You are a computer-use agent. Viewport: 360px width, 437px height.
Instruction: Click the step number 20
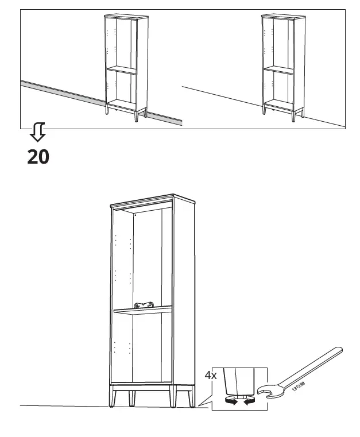[x=38, y=156]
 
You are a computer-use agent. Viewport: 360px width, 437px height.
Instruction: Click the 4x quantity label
[x=211, y=376]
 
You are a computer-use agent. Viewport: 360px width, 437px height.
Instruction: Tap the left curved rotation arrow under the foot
[x=230, y=402]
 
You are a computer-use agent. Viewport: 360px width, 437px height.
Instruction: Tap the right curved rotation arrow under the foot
[x=248, y=402]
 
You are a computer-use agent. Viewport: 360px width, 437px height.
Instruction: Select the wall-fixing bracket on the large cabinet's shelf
[x=145, y=304]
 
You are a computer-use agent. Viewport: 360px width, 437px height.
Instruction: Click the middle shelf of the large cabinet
[x=144, y=311]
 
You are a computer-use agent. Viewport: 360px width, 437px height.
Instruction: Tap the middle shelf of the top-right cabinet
[x=278, y=69]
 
